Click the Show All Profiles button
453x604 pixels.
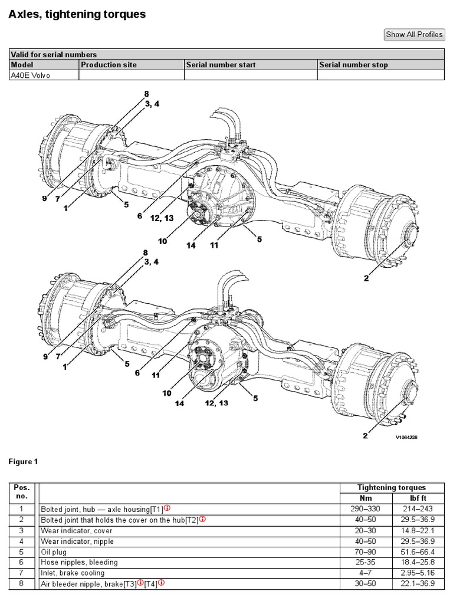414,34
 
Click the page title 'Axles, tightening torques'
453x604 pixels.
77,14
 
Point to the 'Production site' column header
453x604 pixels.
107,65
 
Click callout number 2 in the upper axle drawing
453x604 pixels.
366,278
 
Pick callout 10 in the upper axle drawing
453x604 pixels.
162,241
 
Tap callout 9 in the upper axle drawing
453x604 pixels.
44,199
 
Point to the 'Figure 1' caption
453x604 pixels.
23,462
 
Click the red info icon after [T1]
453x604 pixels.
167,508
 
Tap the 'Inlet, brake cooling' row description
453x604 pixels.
72,573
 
